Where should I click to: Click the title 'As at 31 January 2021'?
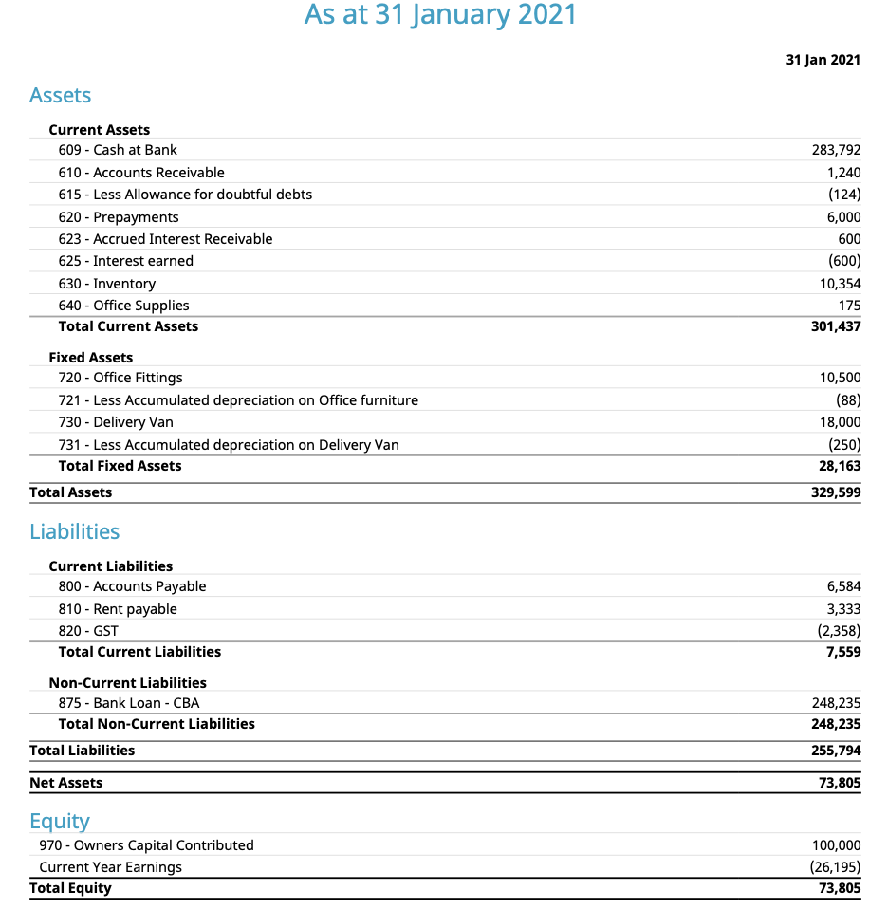tap(440, 15)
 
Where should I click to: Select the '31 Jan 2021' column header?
tap(823, 60)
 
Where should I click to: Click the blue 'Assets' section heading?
tap(61, 95)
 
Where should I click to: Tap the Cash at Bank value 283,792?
tap(836, 150)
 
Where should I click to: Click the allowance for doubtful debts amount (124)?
tap(843, 195)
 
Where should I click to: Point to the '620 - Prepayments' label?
tap(119, 217)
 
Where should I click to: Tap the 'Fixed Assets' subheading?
tap(91, 358)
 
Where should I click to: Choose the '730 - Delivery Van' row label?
tap(116, 422)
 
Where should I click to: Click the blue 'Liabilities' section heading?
tap(75, 531)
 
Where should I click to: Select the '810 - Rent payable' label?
tap(118, 609)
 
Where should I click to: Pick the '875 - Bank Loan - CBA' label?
tap(129, 703)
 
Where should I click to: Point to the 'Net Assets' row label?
tap(66, 783)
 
